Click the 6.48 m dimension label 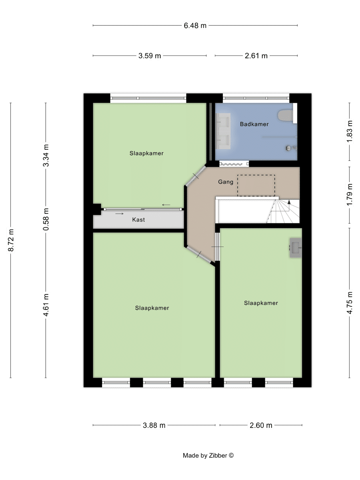[x=195, y=26]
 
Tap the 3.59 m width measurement [x=150, y=56]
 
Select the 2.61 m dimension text [x=256, y=56]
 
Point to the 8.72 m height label [x=11, y=240]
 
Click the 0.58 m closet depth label [x=46, y=219]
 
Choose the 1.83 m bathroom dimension [x=350, y=132]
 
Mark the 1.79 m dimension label [x=350, y=195]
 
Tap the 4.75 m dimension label [x=350, y=303]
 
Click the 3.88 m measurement [x=154, y=425]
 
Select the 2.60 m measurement [x=261, y=425]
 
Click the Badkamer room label [x=254, y=124]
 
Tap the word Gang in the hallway [x=226, y=182]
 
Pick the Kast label [x=138, y=220]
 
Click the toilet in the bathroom [x=286, y=115]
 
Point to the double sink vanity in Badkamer [x=223, y=131]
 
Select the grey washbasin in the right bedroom [x=296, y=248]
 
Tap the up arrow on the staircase [x=289, y=202]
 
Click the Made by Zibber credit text [x=208, y=456]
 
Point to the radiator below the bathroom [x=234, y=164]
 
